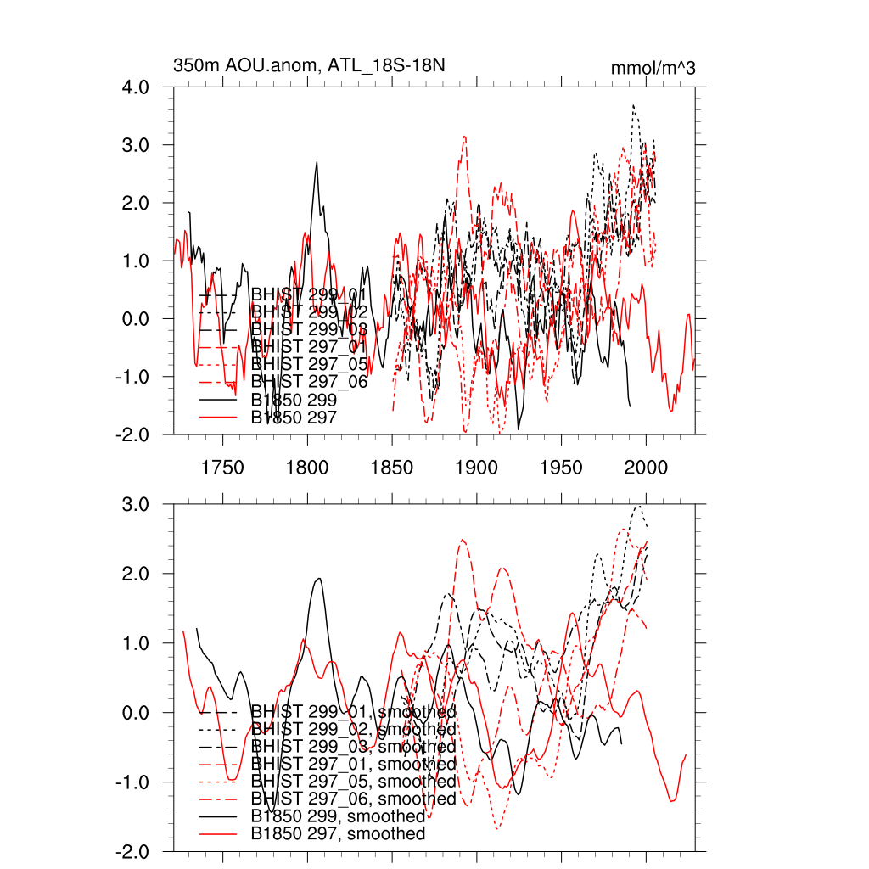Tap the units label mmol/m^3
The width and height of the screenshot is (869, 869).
[653, 68]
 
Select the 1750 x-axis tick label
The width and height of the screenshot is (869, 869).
[223, 466]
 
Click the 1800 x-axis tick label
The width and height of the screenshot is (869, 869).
[307, 466]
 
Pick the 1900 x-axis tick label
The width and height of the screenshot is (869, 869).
[477, 466]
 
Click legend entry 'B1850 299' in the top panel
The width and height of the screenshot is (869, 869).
[294, 399]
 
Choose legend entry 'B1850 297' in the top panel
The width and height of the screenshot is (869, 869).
[294, 418]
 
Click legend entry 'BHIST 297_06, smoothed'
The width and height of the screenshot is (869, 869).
[353, 799]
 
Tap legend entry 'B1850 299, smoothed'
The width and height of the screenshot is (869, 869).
[338, 816]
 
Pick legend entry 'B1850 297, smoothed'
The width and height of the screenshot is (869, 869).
[338, 834]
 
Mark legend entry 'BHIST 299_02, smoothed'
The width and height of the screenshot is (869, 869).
[353, 729]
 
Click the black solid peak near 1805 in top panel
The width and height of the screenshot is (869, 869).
[317, 161]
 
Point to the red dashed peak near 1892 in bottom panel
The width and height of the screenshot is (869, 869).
[463, 540]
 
